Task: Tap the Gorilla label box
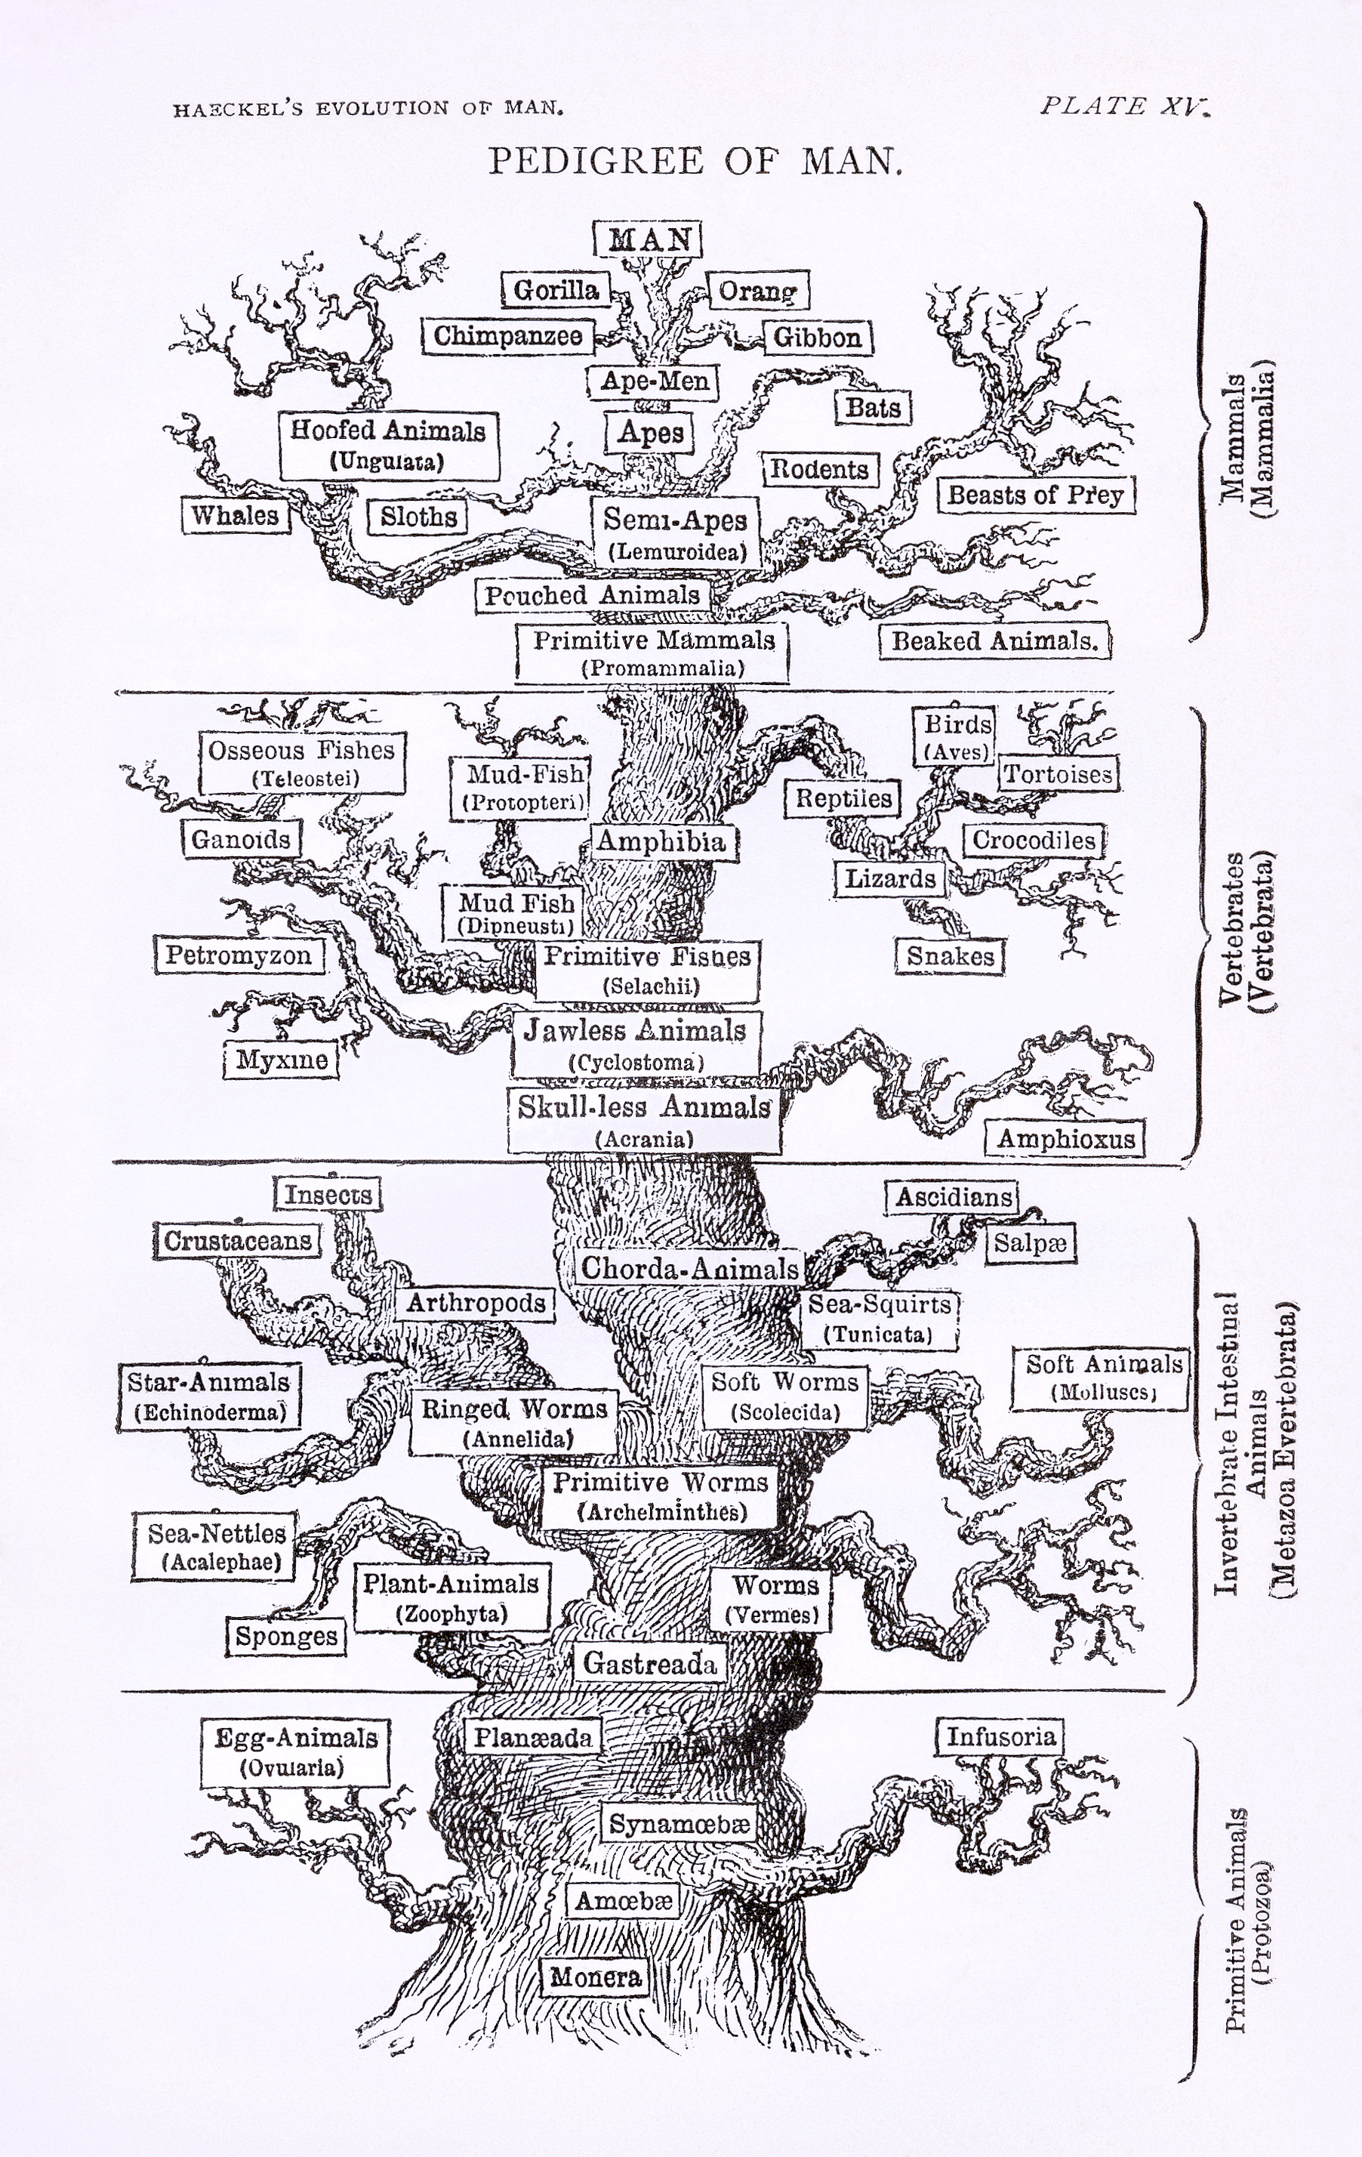pyautogui.click(x=555, y=289)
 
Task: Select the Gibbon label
pyautogui.click(x=818, y=338)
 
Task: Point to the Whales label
pyautogui.click(x=236, y=515)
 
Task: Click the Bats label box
pyautogui.click(x=873, y=408)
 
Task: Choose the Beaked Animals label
pyautogui.click(x=994, y=640)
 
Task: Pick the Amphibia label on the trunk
pyautogui.click(x=661, y=841)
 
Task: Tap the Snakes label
pyautogui.click(x=950, y=956)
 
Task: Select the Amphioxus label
pyautogui.click(x=1065, y=1138)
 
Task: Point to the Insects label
pyautogui.click(x=328, y=1194)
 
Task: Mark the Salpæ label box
pyautogui.click(x=1030, y=1244)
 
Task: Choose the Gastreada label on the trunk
pyautogui.click(x=650, y=1662)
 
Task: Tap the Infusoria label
pyautogui.click(x=1000, y=1737)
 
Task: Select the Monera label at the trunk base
pyautogui.click(x=596, y=1976)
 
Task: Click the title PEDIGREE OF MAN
pyautogui.click(x=695, y=161)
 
